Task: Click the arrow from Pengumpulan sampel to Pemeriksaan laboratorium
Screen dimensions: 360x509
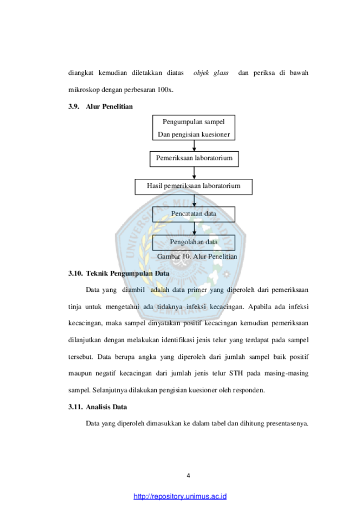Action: tap(194, 146)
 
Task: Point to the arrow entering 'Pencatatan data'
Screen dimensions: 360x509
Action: tap(194, 200)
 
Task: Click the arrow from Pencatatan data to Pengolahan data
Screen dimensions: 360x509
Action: tap(194, 229)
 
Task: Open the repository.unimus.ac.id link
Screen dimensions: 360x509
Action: tap(180, 496)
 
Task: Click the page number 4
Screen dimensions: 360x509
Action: tap(188, 476)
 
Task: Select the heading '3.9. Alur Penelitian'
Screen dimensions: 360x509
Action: tap(100, 106)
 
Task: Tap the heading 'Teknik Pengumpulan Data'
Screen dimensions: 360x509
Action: tap(127, 273)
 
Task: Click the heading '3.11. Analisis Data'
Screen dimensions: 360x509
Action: tap(97, 407)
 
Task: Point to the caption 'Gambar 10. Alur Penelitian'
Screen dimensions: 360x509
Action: tap(197, 256)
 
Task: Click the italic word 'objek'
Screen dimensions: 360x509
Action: tap(201, 73)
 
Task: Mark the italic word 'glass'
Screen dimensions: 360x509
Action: tap(221, 73)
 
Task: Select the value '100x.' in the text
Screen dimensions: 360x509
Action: tap(166, 90)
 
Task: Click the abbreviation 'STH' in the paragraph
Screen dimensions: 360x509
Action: tap(236, 373)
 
